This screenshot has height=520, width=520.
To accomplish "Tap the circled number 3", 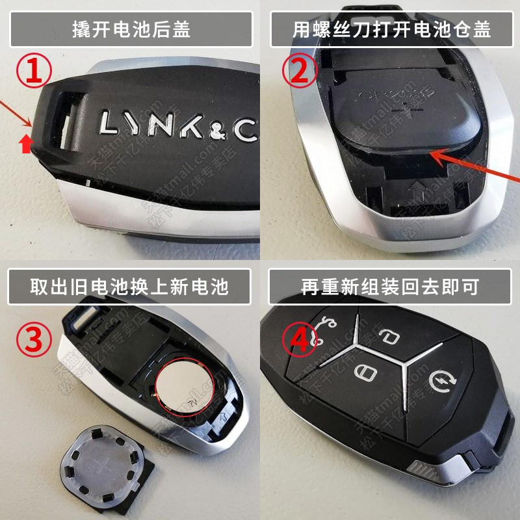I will click(x=34, y=337).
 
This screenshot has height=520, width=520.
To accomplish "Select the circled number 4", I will click(x=299, y=337).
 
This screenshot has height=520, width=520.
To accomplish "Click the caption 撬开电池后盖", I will click(x=131, y=29).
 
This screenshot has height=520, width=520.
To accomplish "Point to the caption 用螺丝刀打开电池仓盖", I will click(x=391, y=29).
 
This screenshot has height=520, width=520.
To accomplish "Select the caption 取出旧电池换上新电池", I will click(x=129, y=286).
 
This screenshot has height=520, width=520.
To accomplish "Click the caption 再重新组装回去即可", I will click(x=389, y=286).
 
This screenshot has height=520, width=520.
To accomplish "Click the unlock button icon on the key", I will click(x=388, y=337).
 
